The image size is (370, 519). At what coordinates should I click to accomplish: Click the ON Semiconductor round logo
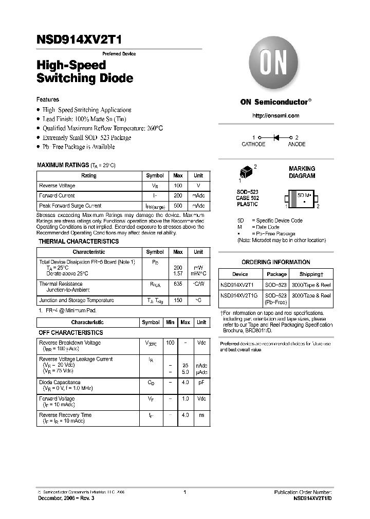(275, 65)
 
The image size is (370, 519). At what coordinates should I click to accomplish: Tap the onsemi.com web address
(275, 116)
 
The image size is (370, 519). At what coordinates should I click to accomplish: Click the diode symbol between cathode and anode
(276, 137)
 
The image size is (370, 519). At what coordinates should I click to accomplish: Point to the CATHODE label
(253, 145)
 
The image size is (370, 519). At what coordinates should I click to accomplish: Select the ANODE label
(297, 145)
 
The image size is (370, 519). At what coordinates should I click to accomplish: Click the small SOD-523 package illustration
(246, 173)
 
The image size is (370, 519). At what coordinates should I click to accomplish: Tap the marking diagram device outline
(302, 199)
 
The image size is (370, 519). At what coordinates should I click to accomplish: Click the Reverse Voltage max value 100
(178, 186)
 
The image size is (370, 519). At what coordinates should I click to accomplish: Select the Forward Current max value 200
(178, 195)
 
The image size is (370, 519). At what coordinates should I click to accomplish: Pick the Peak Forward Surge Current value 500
(178, 206)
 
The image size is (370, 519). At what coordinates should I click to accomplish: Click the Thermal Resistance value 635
(178, 284)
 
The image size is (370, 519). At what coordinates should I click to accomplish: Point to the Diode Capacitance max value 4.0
(185, 383)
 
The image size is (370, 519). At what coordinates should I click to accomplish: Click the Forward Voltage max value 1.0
(185, 398)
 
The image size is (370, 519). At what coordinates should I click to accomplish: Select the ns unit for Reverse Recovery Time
(201, 415)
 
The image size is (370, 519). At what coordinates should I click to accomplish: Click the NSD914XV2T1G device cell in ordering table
(240, 295)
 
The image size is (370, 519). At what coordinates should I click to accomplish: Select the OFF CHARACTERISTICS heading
(71, 333)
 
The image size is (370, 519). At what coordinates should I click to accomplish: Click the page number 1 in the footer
(184, 492)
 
